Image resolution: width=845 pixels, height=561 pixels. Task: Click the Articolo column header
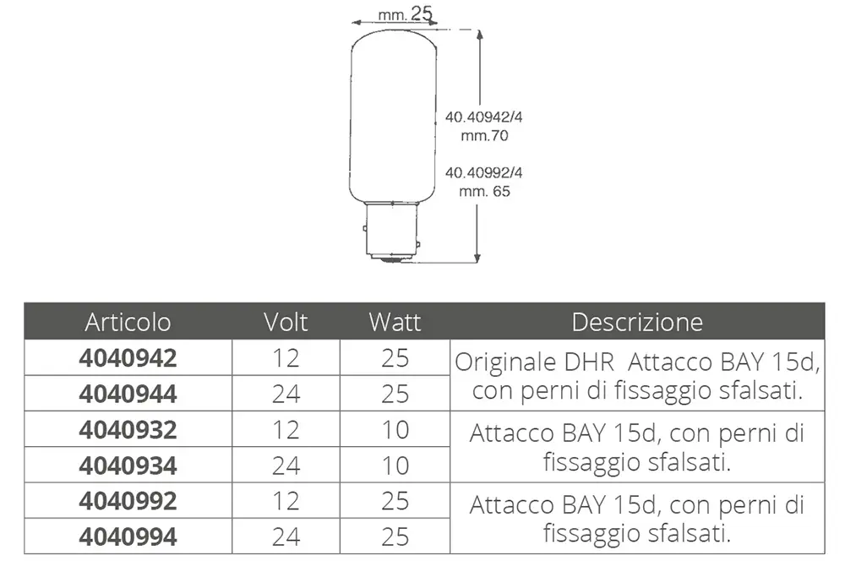pyautogui.click(x=128, y=322)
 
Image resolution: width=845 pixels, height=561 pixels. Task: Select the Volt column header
pyautogui.click(x=286, y=322)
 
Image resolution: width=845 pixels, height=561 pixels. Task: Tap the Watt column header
pyautogui.click(x=395, y=322)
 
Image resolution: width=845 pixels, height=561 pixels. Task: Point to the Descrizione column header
pyautogui.click(x=637, y=322)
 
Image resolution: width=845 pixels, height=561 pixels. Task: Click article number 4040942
pyautogui.click(x=128, y=358)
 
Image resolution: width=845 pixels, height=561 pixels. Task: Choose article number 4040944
pyautogui.click(x=128, y=394)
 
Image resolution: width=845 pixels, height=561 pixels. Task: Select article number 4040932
pyautogui.click(x=128, y=429)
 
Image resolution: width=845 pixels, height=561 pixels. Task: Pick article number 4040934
pyautogui.click(x=128, y=466)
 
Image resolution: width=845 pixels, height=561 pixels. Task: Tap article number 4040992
pyautogui.click(x=128, y=501)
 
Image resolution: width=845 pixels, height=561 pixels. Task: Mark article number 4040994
pyautogui.click(x=128, y=536)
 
